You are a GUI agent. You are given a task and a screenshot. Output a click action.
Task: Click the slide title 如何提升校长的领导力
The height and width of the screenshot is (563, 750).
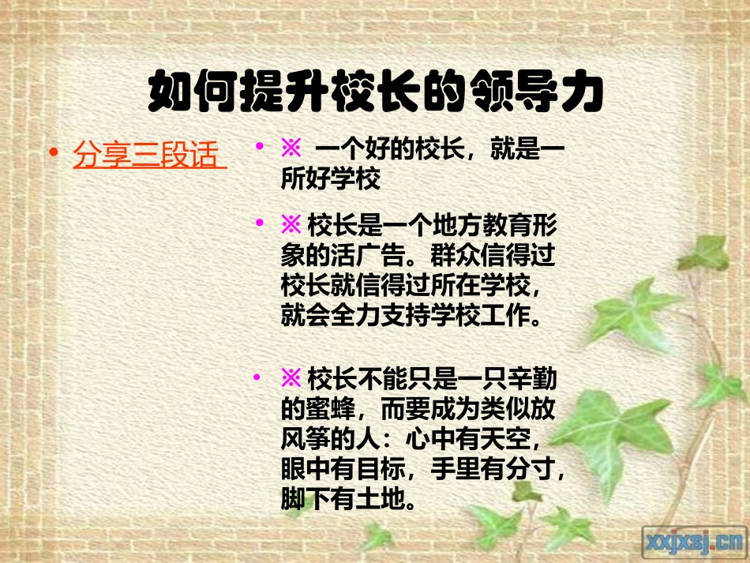(x=375, y=93)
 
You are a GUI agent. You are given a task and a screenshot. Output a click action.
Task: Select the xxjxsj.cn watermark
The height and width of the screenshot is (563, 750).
(x=695, y=542)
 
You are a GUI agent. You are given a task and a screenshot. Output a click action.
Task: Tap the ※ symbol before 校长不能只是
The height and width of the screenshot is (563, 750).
(x=291, y=379)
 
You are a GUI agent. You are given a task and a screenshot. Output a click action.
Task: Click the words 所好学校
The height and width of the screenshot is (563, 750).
(x=332, y=180)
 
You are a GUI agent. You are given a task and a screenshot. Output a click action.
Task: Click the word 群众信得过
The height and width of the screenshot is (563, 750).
(x=498, y=257)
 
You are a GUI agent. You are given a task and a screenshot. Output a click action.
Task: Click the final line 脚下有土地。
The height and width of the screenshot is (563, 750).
(x=350, y=500)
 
